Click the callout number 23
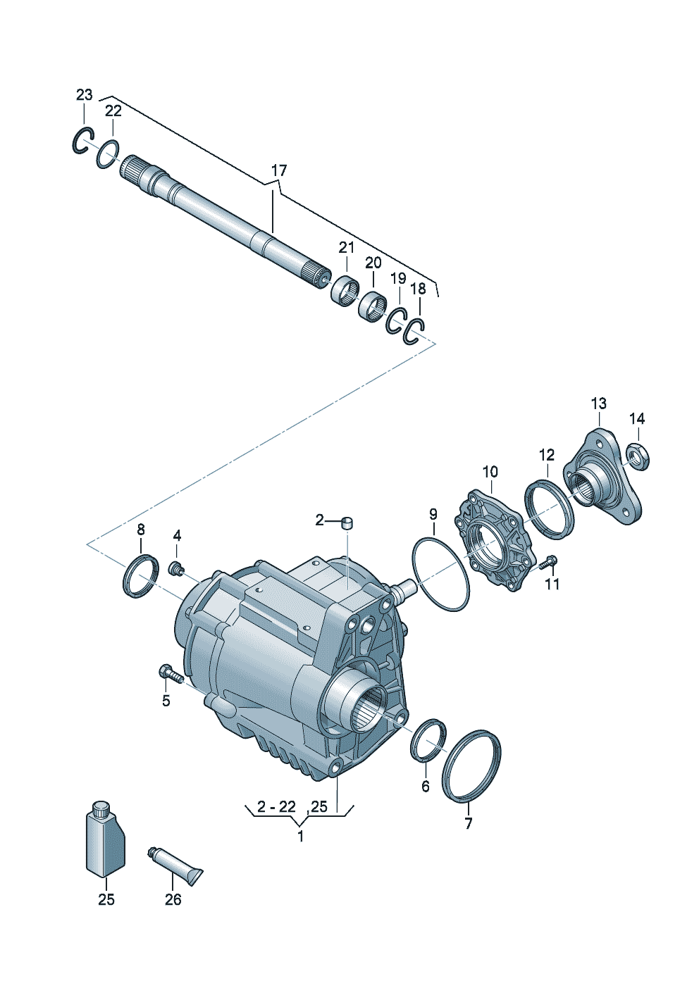85,95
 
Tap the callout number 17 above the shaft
279,170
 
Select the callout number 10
490,472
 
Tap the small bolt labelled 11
548,563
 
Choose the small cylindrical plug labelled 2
347,523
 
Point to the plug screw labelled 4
176,568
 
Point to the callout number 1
300,836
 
